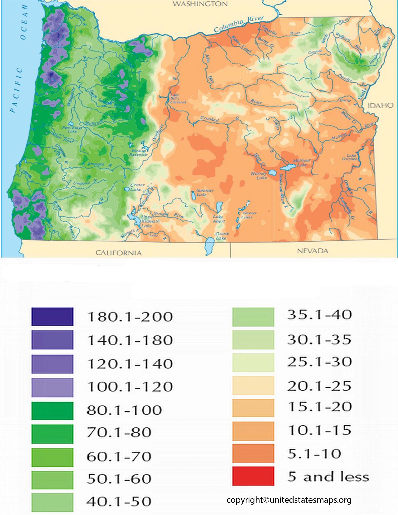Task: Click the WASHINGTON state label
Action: (x=200, y=4)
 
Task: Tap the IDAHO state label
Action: (x=380, y=105)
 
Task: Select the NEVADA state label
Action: (x=313, y=251)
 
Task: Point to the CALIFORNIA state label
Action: (x=118, y=253)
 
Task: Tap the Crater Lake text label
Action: (x=137, y=187)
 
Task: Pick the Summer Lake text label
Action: (x=205, y=192)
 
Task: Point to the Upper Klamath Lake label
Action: (x=150, y=221)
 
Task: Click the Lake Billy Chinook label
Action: (x=178, y=99)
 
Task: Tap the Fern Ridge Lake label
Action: (x=72, y=129)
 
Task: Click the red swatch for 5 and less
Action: (x=253, y=476)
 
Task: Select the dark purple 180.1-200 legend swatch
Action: (x=52, y=316)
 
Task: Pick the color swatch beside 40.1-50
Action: (x=52, y=502)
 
